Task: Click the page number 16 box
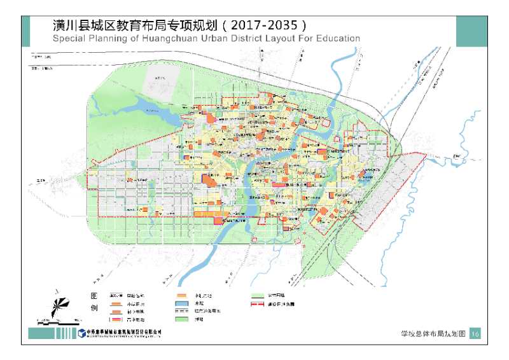(475, 333)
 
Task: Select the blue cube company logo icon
(82, 333)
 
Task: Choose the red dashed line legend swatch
(258, 304)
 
